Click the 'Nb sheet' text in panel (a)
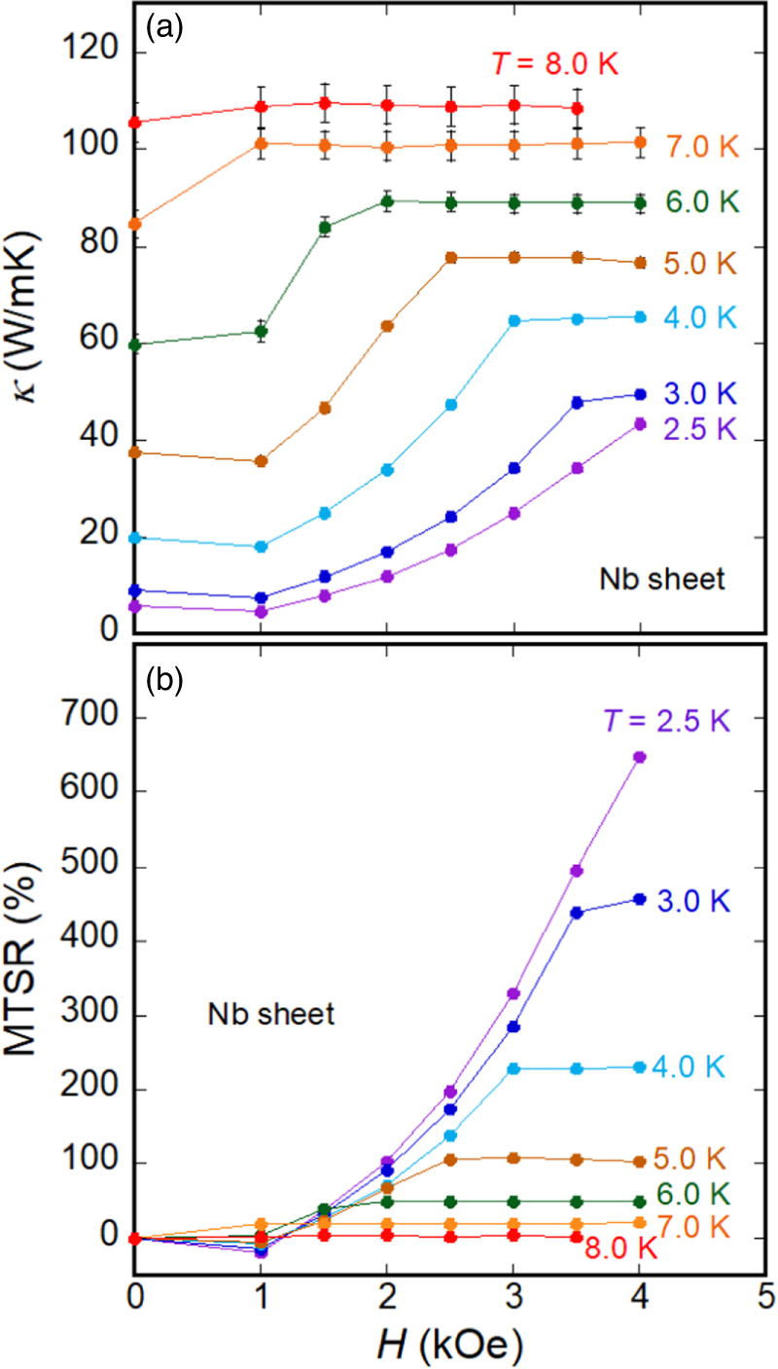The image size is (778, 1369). point(661,580)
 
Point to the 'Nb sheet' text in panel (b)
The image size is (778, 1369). point(271,1015)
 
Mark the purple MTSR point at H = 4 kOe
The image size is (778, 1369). point(640,757)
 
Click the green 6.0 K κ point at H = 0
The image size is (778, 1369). point(135,344)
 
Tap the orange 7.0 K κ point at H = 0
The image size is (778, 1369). point(135,224)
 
